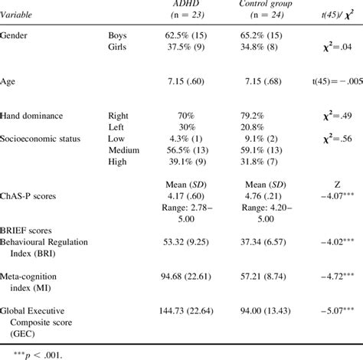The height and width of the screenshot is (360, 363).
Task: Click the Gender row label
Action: click(x=17, y=35)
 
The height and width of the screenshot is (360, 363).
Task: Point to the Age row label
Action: click(x=9, y=80)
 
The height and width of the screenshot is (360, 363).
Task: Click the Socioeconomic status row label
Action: click(x=44, y=139)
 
